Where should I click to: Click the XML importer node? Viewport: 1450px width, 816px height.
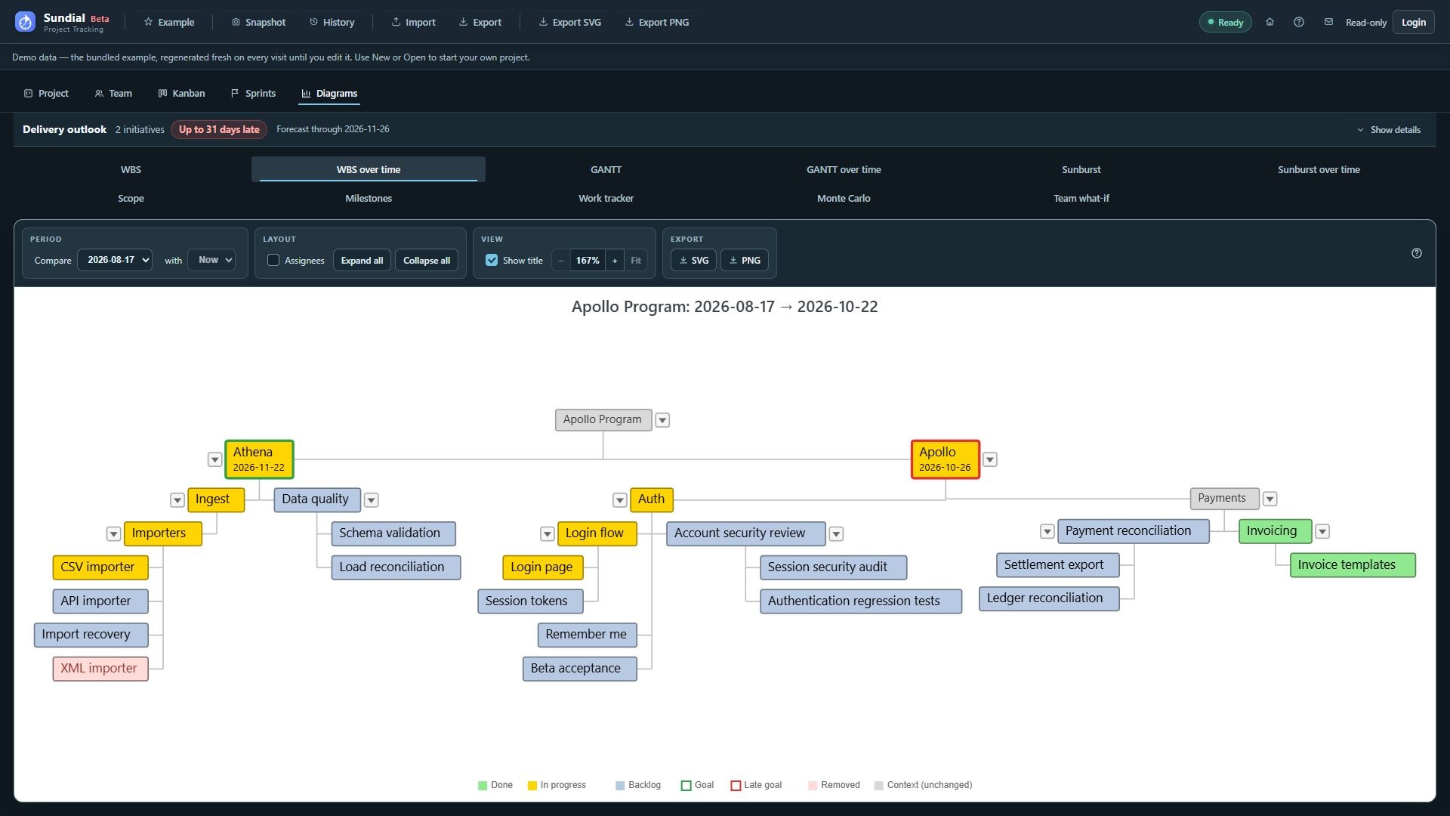coord(100,669)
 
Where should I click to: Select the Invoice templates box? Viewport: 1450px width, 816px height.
coord(1353,565)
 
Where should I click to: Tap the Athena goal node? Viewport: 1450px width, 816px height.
coord(259,459)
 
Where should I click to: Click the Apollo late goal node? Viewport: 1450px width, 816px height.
coord(945,459)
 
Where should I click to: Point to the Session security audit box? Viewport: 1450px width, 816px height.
coord(833,567)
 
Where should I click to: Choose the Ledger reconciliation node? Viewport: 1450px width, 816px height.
coord(1049,598)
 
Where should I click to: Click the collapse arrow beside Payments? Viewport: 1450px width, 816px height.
coord(1270,499)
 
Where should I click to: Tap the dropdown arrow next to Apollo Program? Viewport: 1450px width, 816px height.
coord(662,420)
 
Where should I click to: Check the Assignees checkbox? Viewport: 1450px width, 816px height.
coord(273,260)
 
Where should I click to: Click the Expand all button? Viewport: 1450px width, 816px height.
coord(362,261)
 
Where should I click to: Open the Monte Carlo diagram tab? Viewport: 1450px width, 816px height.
coord(844,199)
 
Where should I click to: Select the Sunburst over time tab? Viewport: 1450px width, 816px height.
coord(1319,170)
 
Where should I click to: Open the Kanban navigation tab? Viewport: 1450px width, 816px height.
coord(182,94)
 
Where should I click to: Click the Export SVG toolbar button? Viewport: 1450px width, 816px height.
coord(570,23)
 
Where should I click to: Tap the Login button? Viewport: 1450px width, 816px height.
coord(1414,23)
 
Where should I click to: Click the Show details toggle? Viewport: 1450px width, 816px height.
coord(1389,130)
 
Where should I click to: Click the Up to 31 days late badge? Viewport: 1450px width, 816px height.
coord(219,130)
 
